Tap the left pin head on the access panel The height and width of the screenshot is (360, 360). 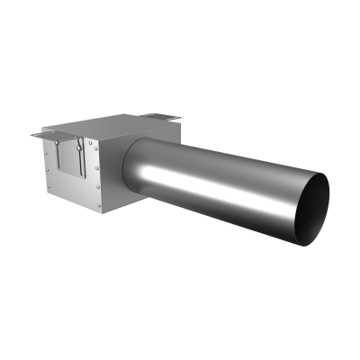coord(58,142)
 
